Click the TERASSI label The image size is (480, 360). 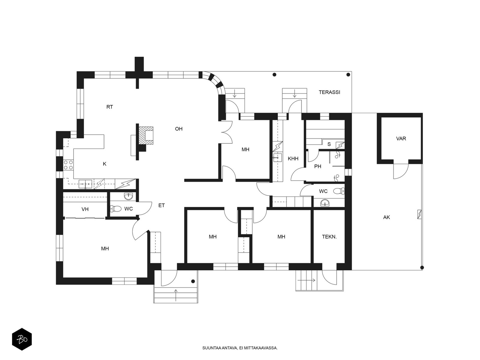329,92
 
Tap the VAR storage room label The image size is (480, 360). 401,139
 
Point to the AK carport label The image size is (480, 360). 386,217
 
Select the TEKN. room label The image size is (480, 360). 329,237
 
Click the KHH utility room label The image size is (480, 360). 293,158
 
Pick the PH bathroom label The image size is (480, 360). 317,166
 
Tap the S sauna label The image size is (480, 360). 329,144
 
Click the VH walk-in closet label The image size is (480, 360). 85,209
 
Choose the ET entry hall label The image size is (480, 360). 161,205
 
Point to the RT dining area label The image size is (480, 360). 109,107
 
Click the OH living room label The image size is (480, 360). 179,129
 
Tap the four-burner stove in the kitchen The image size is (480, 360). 68,165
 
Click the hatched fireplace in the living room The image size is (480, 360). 145,135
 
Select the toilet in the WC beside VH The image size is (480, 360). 116,208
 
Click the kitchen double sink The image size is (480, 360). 85,184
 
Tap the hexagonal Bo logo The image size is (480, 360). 22,339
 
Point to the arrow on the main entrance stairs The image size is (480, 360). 176,295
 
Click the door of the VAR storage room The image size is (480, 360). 401,171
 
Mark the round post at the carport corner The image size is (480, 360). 422,268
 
